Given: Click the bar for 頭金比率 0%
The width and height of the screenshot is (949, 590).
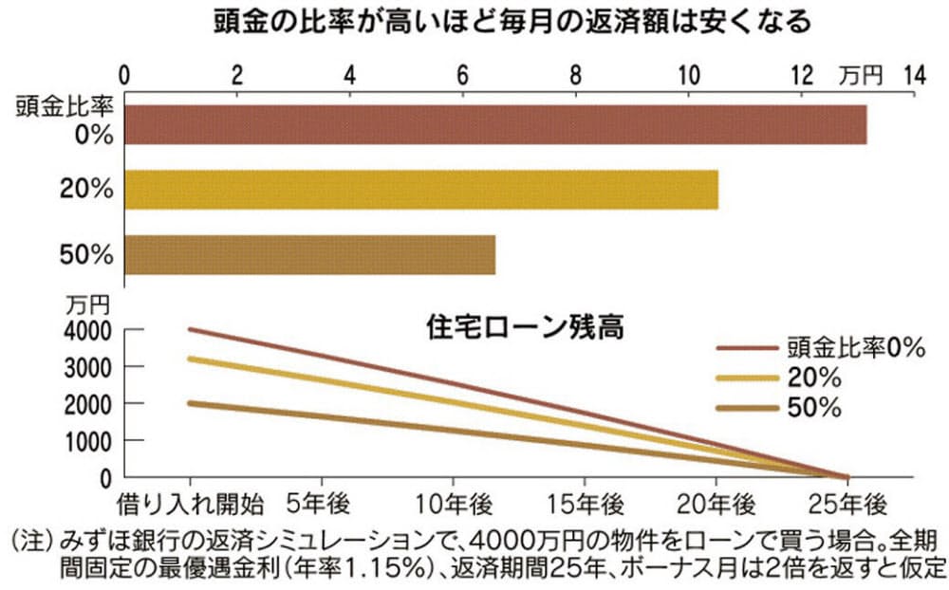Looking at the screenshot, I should (493, 124).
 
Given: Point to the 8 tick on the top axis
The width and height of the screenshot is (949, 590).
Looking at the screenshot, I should (576, 74).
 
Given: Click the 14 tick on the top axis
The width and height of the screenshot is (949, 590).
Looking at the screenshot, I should (914, 74).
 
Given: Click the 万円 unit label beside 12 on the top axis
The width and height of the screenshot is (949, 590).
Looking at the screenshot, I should (861, 74).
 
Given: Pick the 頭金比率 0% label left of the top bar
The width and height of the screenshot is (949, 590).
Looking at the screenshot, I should (64, 120).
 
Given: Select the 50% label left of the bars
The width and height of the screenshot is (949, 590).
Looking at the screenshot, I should (86, 254).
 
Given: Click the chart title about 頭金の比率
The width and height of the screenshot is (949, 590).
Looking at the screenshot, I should (513, 23).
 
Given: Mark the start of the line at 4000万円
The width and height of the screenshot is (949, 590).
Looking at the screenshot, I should (191, 329).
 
